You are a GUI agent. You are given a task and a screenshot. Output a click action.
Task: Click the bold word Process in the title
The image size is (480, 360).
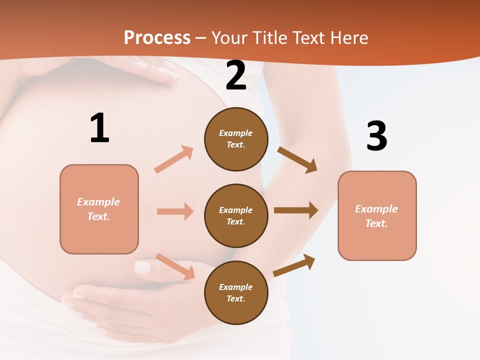157,37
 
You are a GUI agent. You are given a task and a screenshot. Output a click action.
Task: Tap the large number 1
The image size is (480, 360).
99,128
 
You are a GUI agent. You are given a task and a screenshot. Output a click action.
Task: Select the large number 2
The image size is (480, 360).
236,76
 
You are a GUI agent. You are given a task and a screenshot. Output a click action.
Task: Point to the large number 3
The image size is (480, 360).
376,136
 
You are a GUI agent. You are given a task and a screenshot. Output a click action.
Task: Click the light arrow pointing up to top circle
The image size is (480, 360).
173,159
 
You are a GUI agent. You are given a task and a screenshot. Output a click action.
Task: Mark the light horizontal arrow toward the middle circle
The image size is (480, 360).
175,211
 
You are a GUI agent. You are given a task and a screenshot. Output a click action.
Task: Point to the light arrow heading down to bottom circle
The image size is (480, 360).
175,266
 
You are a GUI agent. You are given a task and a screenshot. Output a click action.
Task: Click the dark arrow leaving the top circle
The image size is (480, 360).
297,160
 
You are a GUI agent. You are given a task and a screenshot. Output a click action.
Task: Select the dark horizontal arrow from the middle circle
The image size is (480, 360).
296,210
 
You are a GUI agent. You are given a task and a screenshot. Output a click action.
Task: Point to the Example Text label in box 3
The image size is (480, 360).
376,216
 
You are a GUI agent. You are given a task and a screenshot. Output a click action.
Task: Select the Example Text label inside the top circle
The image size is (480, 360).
236,139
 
